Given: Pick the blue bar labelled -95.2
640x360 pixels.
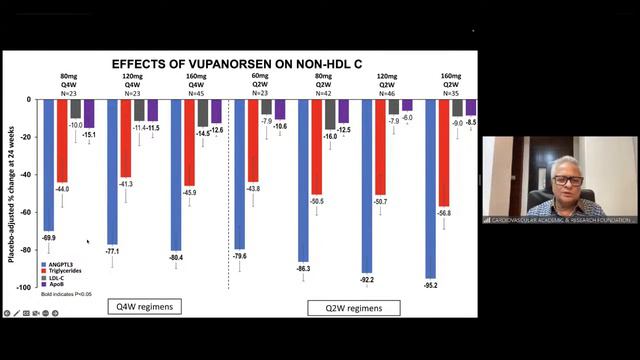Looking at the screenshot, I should [430, 185].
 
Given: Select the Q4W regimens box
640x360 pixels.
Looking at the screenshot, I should [145, 306].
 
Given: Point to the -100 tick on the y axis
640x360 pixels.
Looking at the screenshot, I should [28, 287].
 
